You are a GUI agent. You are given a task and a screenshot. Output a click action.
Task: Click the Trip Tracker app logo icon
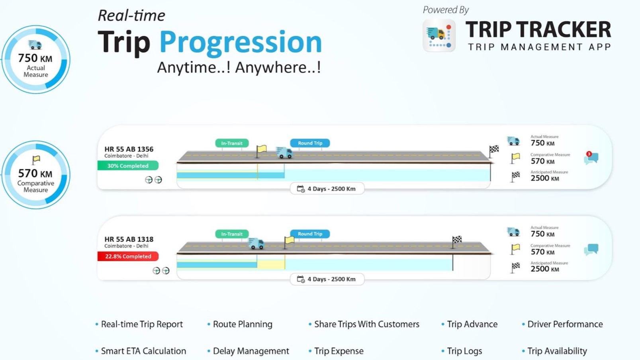(439, 35)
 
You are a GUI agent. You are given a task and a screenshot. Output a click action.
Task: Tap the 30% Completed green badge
(128, 166)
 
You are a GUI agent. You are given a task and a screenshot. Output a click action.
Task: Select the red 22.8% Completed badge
(128, 256)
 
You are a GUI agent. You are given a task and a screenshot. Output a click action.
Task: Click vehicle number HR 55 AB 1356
(129, 149)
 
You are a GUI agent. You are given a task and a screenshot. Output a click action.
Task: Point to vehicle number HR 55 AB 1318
(129, 239)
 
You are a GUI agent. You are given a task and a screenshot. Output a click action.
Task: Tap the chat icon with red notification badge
(591, 158)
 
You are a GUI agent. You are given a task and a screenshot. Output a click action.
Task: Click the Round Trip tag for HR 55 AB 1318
(310, 234)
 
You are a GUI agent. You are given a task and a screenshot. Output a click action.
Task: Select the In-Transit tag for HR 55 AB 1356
(232, 143)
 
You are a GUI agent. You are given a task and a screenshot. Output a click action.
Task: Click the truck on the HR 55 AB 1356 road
(284, 153)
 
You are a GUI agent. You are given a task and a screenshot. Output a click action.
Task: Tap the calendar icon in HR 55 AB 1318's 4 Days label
(301, 279)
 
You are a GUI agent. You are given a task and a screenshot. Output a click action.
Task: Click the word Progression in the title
(241, 43)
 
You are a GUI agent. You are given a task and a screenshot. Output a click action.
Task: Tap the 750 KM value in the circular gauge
(35, 58)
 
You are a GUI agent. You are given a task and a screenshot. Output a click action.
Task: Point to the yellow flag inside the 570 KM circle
(36, 160)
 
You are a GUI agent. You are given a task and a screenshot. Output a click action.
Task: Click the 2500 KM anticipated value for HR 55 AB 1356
(544, 178)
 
